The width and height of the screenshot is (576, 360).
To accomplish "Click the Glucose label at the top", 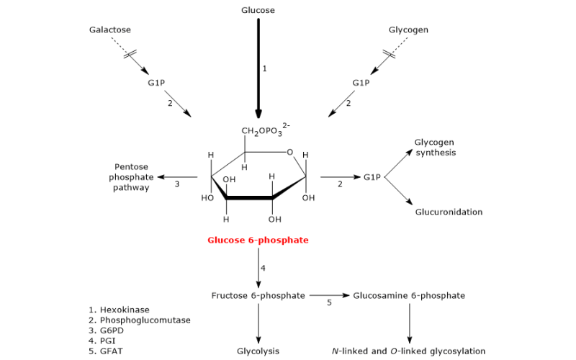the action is tap(258, 10).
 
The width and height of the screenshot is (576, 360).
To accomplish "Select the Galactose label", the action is tap(110, 30).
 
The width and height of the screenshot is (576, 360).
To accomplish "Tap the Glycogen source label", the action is tap(408, 30).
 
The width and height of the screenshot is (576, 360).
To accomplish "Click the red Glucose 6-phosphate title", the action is tap(258, 240).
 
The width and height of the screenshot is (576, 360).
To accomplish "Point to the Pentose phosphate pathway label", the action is tap(131, 177).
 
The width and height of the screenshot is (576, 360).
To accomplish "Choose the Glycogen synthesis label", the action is tap(436, 148).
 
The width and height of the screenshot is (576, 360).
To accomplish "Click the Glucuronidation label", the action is tap(449, 212).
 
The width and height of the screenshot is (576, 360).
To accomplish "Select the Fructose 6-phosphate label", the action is tap(258, 295).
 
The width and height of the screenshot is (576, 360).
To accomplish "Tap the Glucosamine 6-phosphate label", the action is tap(409, 295).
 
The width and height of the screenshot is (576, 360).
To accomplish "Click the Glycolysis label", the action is tap(258, 351).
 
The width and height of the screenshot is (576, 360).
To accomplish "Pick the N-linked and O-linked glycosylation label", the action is tap(408, 351).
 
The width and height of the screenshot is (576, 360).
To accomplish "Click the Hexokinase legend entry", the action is tap(119, 310).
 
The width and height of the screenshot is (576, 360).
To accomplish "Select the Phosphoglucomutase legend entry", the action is tap(140, 320).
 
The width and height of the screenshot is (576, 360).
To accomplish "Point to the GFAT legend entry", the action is tap(106, 351).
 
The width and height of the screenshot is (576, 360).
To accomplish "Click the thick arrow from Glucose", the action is tap(258, 68).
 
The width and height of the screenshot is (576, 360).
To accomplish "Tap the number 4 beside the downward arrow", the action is tap(263, 268).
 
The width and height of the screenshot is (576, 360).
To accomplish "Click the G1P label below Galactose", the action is tap(156, 83).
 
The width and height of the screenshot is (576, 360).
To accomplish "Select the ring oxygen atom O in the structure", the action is tap(290, 152).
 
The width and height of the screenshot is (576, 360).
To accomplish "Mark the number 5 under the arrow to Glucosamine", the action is tap(329, 302).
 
